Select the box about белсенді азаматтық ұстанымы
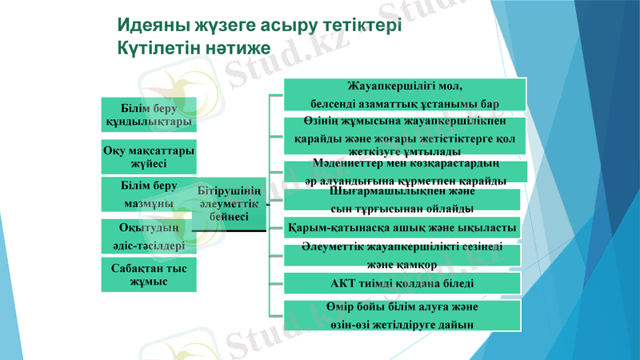pos(405,94)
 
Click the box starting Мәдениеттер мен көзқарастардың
pos(405,172)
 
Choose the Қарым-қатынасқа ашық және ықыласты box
pos(405,228)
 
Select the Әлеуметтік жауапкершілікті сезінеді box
pos(405,255)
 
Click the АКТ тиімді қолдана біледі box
pos(405,283)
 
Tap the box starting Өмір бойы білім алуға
pos(405,314)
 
